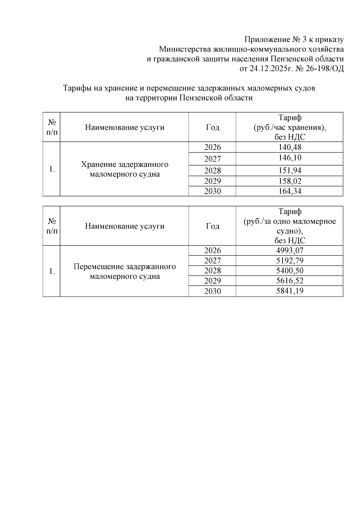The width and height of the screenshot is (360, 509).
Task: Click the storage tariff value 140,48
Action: point(289,147)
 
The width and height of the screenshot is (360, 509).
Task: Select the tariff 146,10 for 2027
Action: point(289,158)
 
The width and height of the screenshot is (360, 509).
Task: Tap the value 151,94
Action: point(289,171)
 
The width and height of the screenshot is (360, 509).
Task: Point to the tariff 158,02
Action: point(289,181)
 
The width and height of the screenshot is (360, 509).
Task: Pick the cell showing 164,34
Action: point(289,191)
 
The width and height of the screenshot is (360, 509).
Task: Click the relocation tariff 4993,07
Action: point(289,250)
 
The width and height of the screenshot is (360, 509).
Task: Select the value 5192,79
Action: point(289,260)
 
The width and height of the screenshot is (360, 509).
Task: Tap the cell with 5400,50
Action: point(289,271)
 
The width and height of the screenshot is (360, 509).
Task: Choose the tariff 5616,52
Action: point(289,281)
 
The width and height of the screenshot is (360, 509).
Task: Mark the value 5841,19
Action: point(289,291)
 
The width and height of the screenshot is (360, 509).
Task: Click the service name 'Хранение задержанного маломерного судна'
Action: point(124,169)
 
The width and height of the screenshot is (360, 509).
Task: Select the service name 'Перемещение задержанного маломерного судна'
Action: point(124,271)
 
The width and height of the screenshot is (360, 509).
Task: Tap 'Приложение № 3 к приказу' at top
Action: point(294,40)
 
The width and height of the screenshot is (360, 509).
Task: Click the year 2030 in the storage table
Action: point(212,191)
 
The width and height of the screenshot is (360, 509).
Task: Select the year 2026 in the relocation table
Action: point(212,250)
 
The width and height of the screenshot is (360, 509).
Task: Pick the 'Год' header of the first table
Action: point(212,127)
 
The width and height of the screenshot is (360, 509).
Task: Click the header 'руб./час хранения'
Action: point(289,128)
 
